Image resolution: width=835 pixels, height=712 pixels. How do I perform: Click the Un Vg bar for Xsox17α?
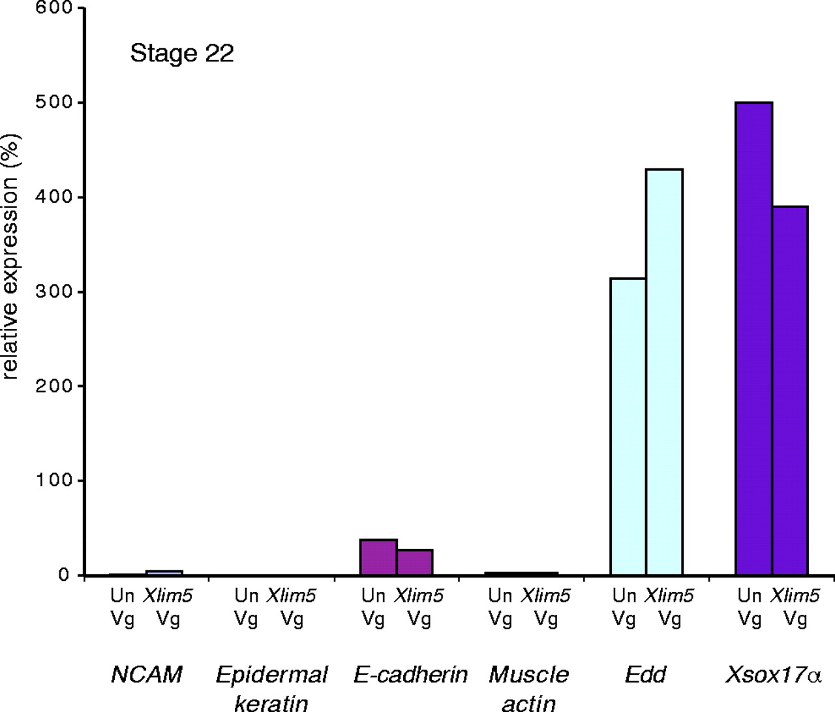[753, 339]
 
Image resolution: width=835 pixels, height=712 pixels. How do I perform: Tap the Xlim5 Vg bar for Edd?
[664, 372]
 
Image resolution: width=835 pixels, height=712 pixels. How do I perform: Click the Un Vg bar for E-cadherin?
[378, 557]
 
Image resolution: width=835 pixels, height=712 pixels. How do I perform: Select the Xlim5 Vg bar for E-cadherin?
[414, 563]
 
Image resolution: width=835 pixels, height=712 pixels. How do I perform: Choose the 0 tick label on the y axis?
[63, 575]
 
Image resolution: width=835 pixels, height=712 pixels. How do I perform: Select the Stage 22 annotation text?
[181, 53]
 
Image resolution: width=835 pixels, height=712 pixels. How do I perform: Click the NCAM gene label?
[146, 674]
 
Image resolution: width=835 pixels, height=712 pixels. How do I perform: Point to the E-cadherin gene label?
[410, 674]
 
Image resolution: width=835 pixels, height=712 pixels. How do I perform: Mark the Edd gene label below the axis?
[645, 674]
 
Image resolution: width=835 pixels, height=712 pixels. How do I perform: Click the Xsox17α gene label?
[772, 674]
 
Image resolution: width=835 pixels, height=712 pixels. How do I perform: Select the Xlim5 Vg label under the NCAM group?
[168, 606]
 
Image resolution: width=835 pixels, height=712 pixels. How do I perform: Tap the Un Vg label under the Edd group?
[624, 606]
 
